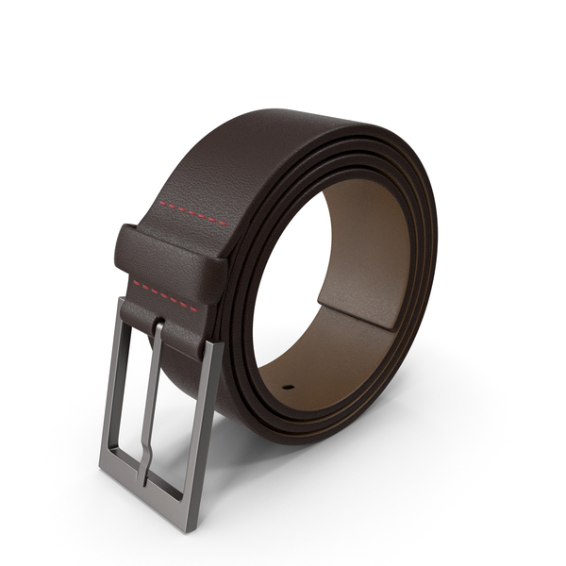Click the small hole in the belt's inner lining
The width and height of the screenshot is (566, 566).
click(x=288, y=387)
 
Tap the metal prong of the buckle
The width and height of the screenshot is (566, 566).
click(x=152, y=396)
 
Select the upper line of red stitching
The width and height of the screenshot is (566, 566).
click(x=192, y=213)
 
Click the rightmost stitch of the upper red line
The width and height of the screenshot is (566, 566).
click(x=224, y=225)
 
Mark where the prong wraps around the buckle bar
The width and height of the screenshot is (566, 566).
click(x=158, y=331)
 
